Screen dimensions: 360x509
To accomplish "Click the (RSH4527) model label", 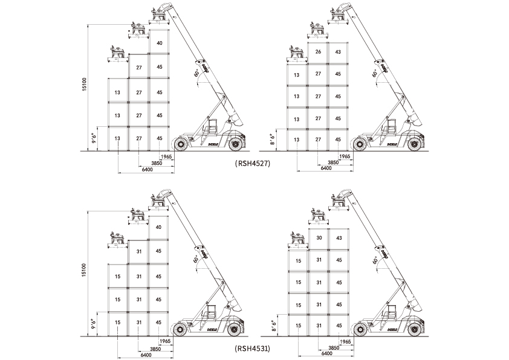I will coord(251,164).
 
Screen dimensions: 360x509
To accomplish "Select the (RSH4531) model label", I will coord(251,349).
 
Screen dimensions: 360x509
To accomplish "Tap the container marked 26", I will coord(318,52).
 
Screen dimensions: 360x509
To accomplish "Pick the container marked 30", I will coord(318,238).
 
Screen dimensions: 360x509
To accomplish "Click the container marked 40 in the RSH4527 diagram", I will coord(159,43).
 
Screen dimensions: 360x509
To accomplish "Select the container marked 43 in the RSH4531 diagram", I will coord(338,238).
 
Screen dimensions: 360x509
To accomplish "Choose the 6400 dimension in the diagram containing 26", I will coord(326,168).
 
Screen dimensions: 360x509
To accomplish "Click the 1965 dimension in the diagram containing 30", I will coord(345,342).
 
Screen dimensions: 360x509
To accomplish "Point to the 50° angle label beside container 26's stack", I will coord(375,72).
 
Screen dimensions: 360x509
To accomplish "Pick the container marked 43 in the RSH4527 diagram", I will coord(338,52).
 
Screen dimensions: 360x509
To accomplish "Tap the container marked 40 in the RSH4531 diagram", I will coord(158,227).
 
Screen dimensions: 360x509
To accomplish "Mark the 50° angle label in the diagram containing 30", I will coord(375,258).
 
